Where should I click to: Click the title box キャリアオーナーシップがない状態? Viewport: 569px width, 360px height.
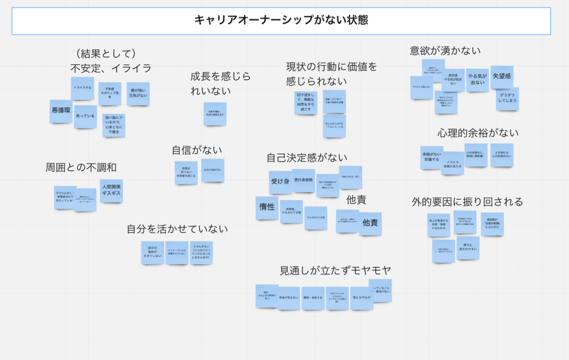(281, 21)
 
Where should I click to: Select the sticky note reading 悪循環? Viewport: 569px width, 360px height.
(61, 111)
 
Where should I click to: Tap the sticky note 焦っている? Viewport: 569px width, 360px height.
(85, 117)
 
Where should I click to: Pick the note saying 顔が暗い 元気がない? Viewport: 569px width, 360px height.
(138, 93)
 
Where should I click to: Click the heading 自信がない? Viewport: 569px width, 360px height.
(197, 150)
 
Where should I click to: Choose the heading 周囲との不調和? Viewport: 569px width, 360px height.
(81, 167)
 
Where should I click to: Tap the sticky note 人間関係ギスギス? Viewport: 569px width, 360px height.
(111, 191)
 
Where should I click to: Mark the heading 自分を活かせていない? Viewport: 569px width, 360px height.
(177, 229)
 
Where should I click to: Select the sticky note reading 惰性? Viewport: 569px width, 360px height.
(267, 208)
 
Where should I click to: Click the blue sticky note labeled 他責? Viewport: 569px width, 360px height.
(370, 223)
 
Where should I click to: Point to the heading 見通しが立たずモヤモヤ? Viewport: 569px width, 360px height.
(335, 271)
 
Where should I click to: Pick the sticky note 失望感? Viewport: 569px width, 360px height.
(502, 77)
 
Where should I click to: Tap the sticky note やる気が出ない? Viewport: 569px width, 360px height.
(477, 80)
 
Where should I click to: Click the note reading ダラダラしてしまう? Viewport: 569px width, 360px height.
(507, 99)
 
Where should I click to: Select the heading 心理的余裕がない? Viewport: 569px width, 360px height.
(477, 133)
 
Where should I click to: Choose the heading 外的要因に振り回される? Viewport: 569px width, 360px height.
(467, 202)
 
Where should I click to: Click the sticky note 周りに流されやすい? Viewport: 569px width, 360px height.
(468, 248)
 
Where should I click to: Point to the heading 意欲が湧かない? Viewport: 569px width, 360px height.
(445, 51)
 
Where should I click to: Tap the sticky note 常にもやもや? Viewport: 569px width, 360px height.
(361, 298)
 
